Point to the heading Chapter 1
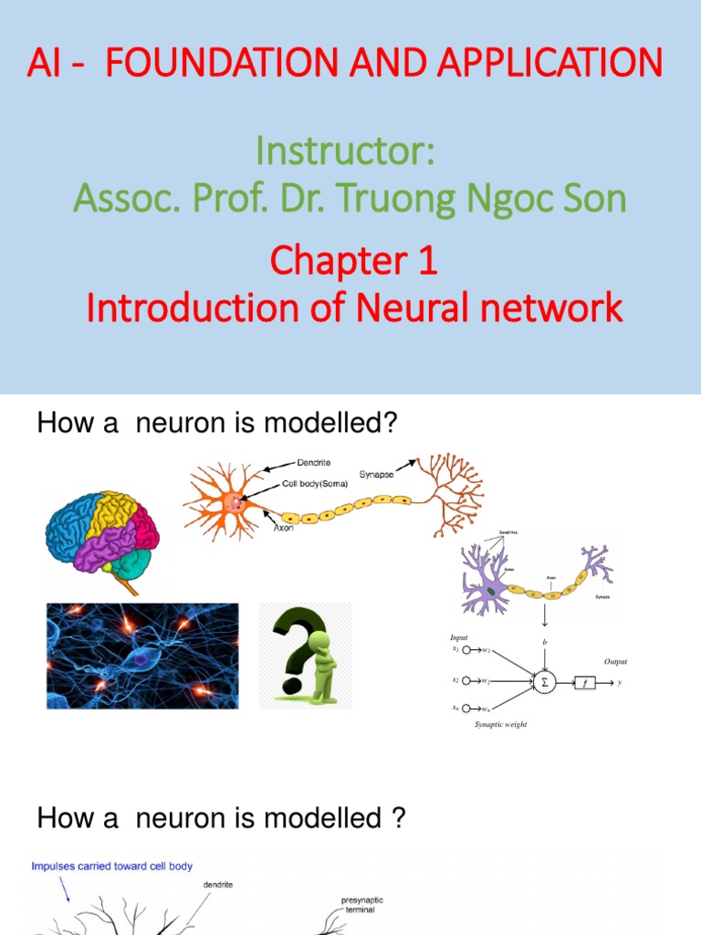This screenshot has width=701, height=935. click(353, 262)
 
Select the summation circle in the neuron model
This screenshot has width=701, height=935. click(544, 681)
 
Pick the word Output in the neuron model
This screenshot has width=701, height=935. click(615, 661)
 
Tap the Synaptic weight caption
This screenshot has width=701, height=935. click(500, 724)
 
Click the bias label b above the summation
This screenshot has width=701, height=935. click(544, 642)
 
